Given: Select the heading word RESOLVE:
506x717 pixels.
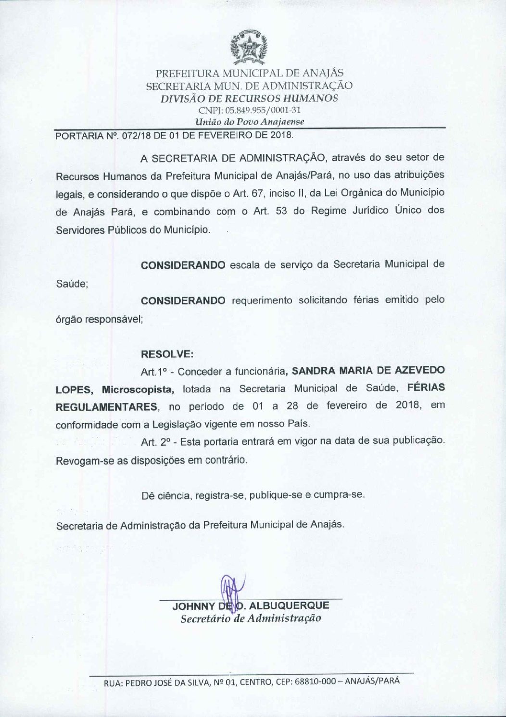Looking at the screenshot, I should coord(167,354).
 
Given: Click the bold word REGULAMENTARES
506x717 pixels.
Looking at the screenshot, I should coord(107,407).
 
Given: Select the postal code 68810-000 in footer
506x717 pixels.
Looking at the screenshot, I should coord(313,681).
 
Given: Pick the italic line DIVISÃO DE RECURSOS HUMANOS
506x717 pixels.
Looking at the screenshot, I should coord(250,98).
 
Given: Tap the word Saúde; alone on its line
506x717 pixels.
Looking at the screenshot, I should coord(72,284).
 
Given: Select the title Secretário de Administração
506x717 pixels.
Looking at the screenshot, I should coord(251,618).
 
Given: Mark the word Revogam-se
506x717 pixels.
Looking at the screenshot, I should coord(79,460).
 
